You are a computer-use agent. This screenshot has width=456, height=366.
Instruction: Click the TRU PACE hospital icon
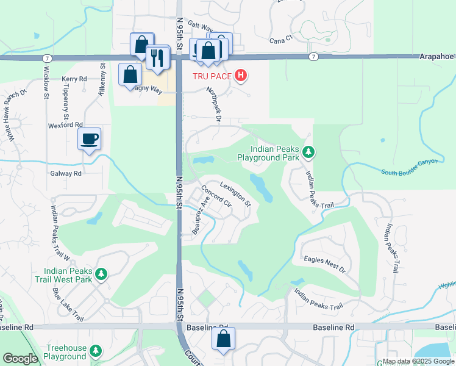pos(241,76)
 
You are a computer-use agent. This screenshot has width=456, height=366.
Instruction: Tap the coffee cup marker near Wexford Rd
pos(90,140)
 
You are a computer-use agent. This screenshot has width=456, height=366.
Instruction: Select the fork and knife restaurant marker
pos(158,57)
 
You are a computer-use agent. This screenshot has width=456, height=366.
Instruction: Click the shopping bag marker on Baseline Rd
pos(224,340)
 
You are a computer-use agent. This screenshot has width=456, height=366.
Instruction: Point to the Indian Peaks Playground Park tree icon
pos(308,152)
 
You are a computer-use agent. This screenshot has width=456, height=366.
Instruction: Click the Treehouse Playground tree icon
pos(96,351)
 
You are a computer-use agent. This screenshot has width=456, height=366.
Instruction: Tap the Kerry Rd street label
pos(74,79)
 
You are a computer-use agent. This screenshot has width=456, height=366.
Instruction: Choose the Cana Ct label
pos(281,41)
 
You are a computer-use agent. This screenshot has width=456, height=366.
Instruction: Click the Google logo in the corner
pos(20,359)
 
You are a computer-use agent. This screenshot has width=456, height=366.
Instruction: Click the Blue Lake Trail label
pos(68,304)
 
